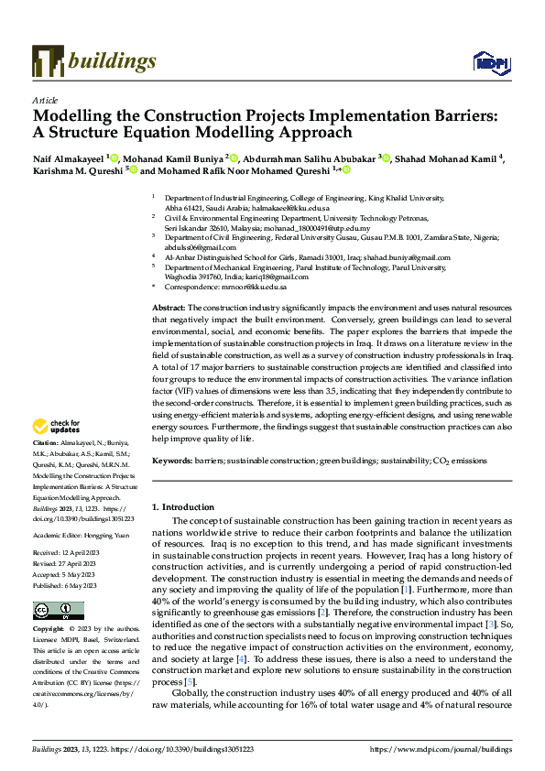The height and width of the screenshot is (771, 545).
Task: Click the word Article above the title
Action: point(44,100)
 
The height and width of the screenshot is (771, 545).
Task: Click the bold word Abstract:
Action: point(169,308)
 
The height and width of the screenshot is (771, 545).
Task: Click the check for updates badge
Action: point(57,426)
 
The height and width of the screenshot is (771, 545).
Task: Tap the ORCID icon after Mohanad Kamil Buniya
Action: point(234,158)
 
